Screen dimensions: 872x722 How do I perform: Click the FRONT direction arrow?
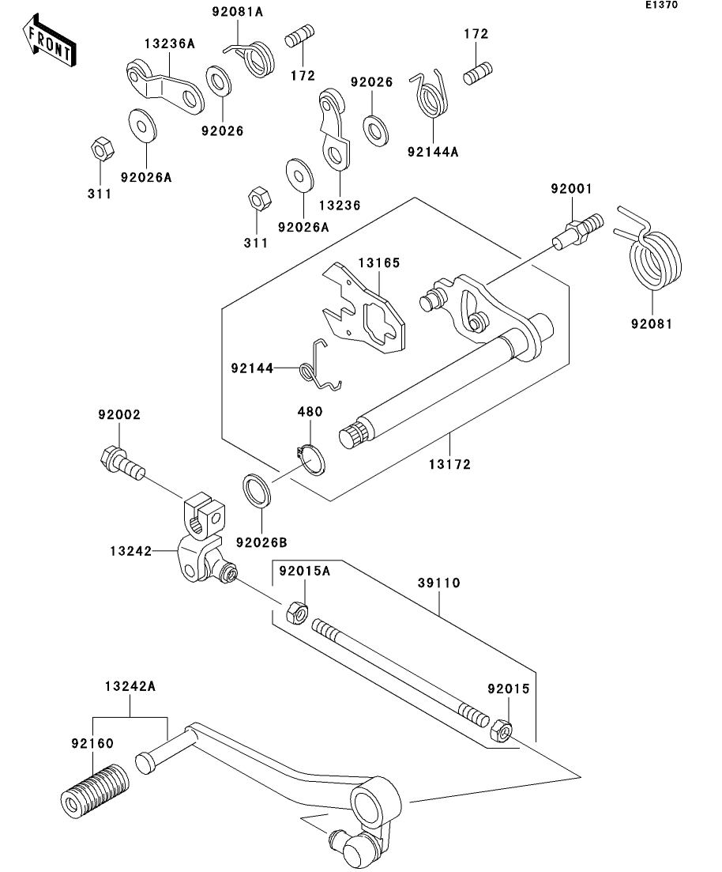49,44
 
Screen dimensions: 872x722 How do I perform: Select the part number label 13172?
450,464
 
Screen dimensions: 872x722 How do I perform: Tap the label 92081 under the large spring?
652,323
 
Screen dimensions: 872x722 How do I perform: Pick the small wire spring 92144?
322,368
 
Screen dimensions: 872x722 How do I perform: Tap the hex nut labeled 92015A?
296,611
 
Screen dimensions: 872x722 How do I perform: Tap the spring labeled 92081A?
256,57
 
